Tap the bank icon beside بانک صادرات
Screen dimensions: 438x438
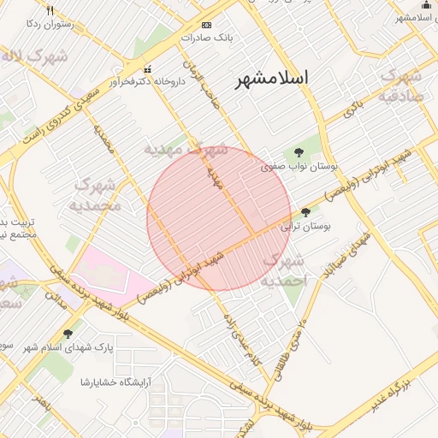(x=205, y=25)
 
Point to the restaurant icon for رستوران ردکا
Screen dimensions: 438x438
(x=50, y=10)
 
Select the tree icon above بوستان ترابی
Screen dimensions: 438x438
(x=306, y=212)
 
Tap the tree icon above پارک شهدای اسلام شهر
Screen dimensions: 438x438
(x=68, y=333)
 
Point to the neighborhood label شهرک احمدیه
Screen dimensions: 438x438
(x=283, y=269)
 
